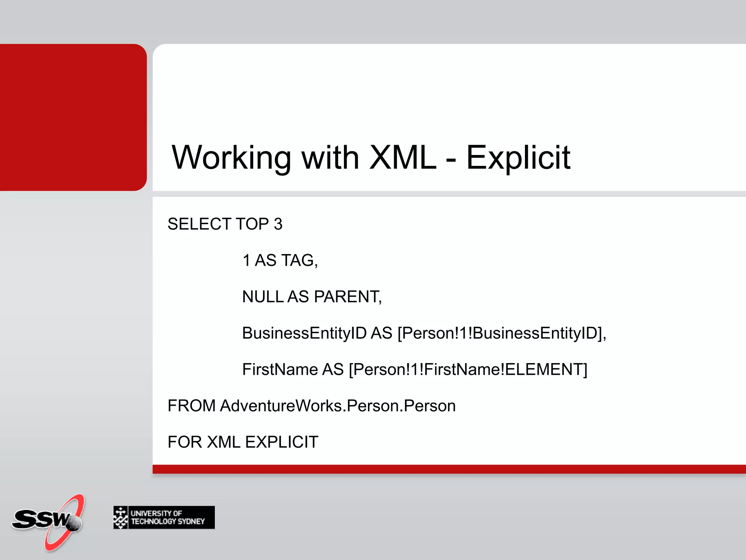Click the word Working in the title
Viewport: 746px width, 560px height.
[231, 157]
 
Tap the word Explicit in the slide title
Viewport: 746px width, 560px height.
[518, 157]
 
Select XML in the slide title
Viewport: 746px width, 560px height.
[403, 157]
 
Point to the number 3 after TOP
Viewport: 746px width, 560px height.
[278, 224]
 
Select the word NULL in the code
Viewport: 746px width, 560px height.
[263, 296]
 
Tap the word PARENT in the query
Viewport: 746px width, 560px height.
[348, 296]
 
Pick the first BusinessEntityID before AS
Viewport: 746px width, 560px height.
[304, 333]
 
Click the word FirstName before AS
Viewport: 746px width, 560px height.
[280, 369]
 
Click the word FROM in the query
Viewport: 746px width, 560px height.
[192, 406]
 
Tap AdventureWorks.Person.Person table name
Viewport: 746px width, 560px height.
[338, 406]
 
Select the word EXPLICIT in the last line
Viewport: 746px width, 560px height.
[282, 442]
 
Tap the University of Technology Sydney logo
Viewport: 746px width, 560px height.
[164, 517]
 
